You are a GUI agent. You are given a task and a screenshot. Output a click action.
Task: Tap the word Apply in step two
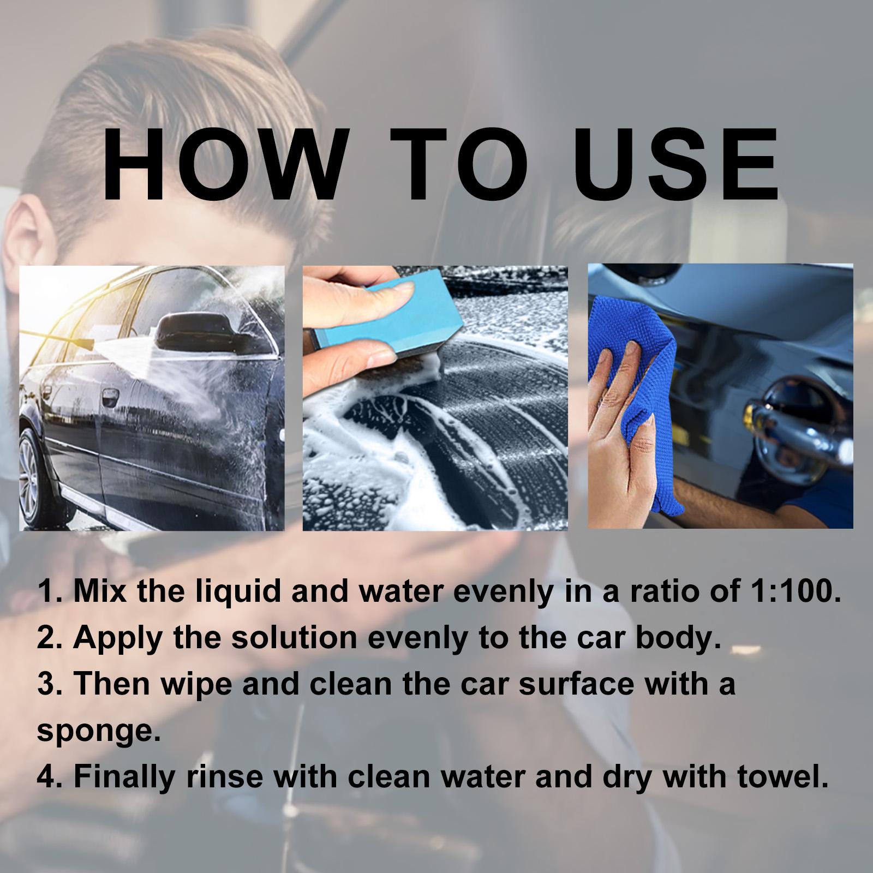click(117, 637)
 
